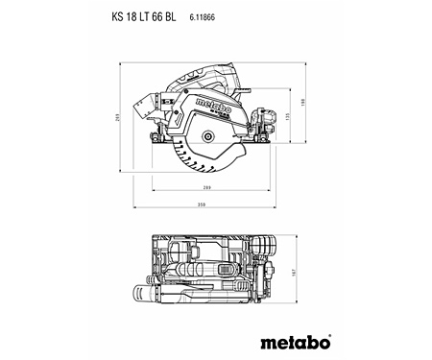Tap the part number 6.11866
(x=204, y=16)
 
